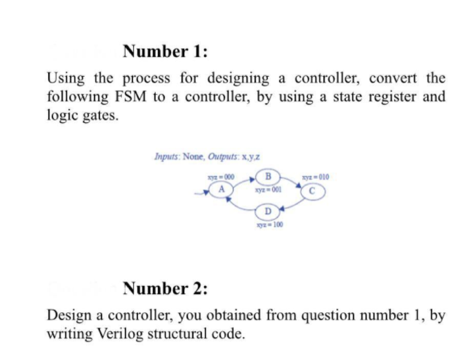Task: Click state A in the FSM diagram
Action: point(222,188)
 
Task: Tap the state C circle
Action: point(312,189)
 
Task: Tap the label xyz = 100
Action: point(268,224)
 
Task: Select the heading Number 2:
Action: point(165,290)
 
